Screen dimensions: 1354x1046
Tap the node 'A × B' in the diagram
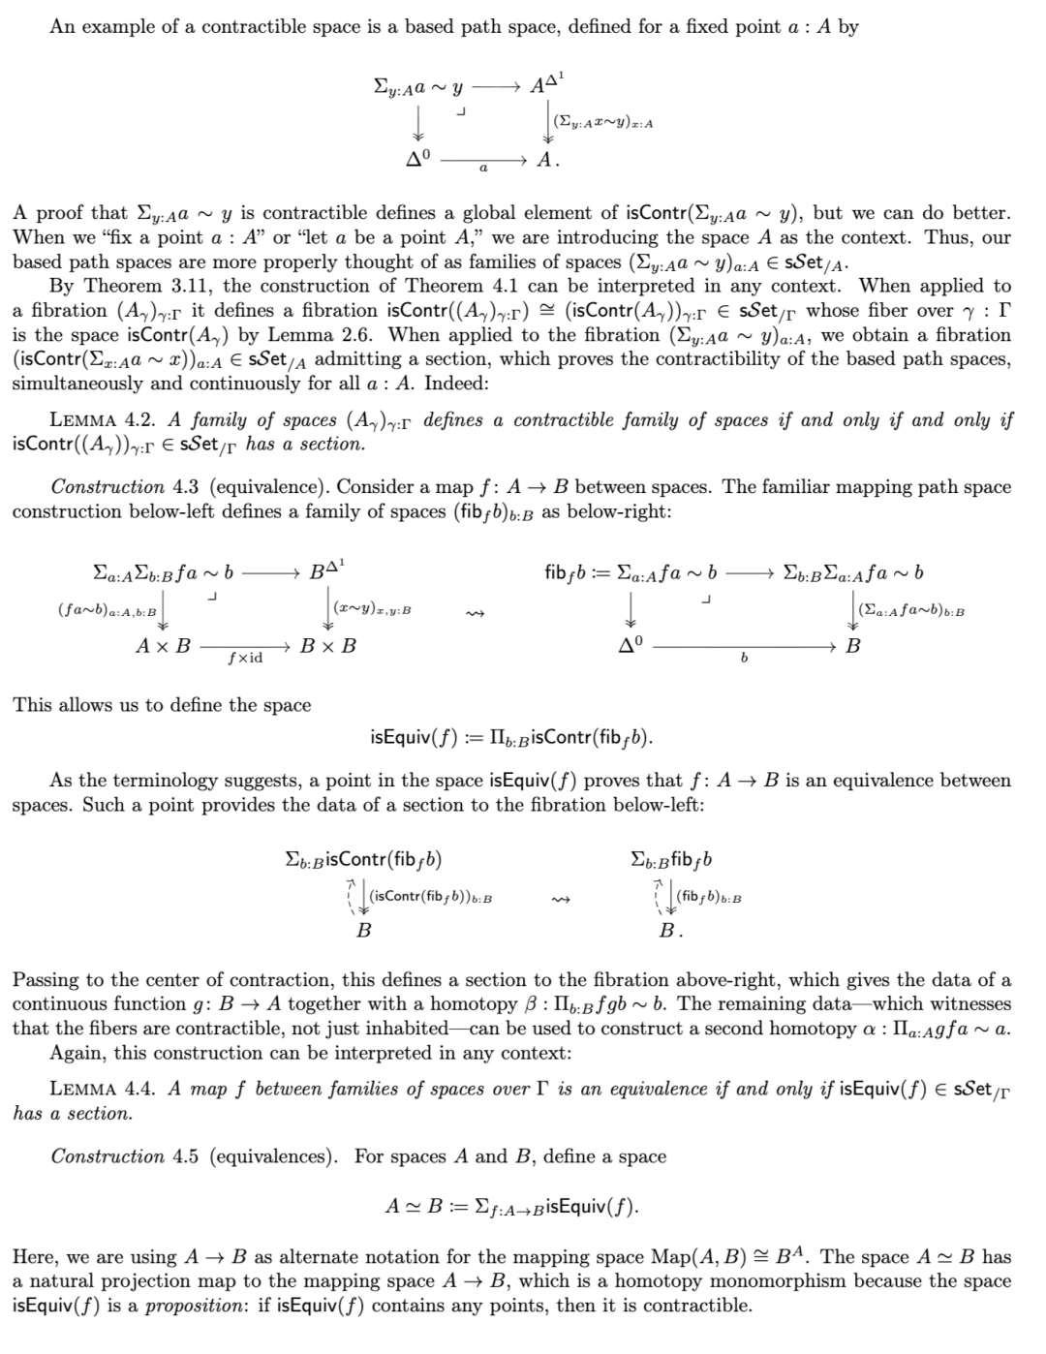coord(163,645)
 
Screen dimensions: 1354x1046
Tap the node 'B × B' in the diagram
coord(327,645)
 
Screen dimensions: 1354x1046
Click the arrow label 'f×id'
coord(244,659)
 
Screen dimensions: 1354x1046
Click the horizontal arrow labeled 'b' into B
coord(743,646)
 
